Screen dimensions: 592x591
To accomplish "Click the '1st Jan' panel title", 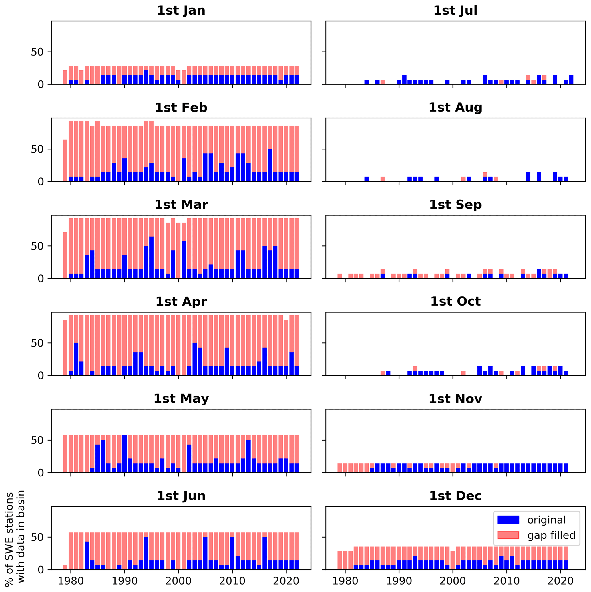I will pos(181,11).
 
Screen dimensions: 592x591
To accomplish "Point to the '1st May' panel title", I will pos(181,399).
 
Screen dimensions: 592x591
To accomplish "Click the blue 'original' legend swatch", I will pos(508,520).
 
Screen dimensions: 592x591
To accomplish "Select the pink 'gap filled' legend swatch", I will pos(508,535).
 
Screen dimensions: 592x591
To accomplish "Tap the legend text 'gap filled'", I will pos(551,535).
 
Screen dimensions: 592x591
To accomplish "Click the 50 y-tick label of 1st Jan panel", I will pos(37,52).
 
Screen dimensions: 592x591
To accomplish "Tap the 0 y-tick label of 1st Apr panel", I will pos(41,376).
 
